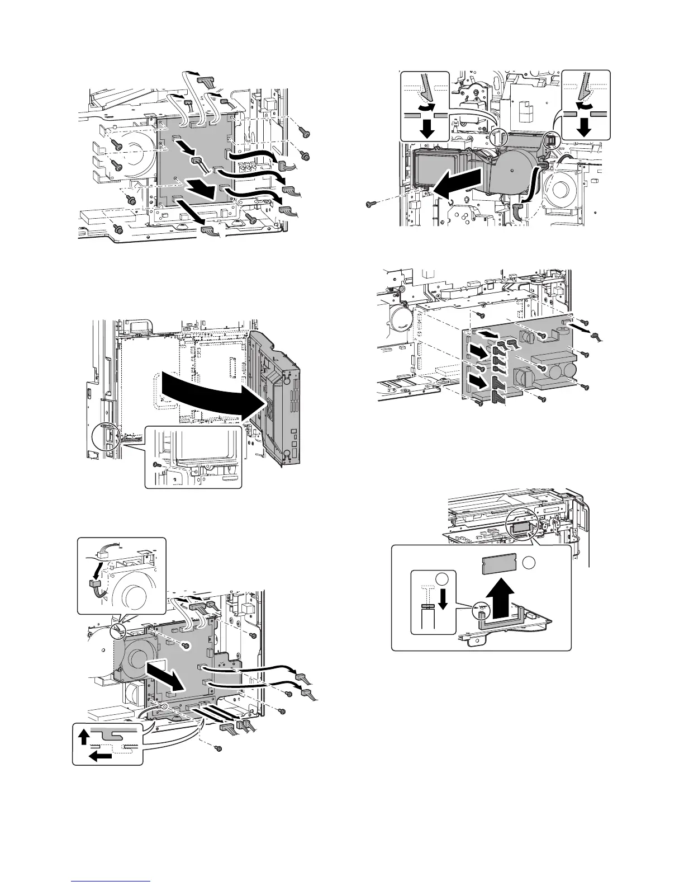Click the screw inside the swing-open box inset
point(157,464)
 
